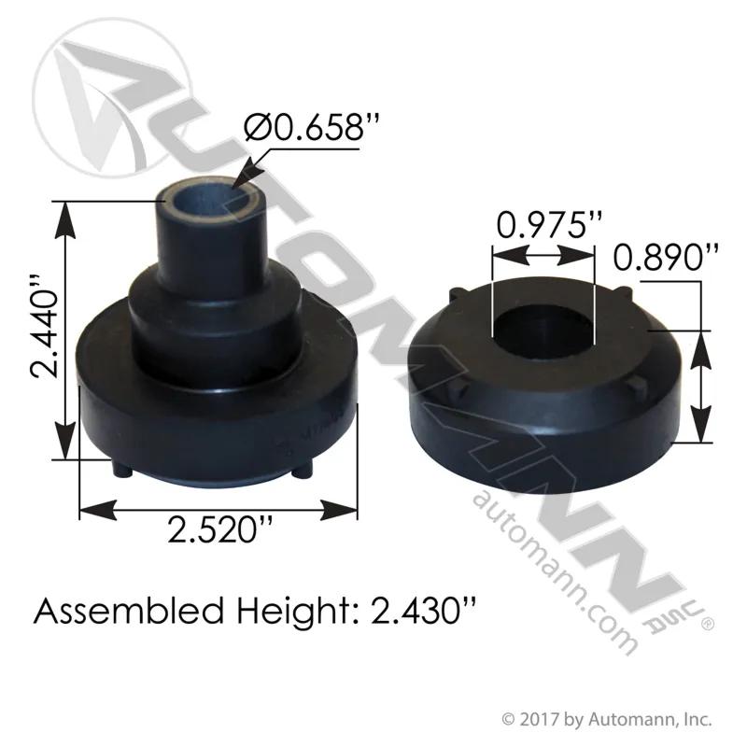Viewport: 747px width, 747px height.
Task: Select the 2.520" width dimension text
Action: click(x=220, y=529)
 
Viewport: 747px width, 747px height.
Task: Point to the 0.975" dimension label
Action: click(x=549, y=224)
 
